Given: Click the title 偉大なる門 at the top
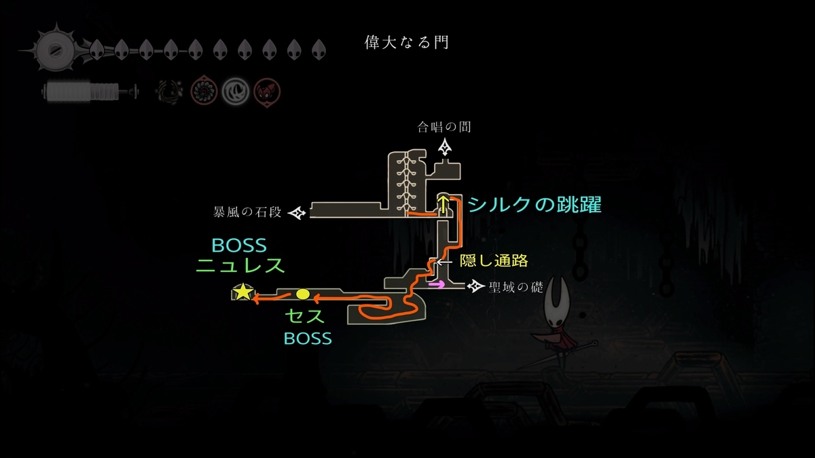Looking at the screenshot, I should [407, 43].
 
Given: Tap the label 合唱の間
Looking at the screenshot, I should [445, 127].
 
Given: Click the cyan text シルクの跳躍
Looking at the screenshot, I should [535, 205].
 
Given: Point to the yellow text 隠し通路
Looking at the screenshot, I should [494, 261].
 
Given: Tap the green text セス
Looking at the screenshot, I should [304, 316].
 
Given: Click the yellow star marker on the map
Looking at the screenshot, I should [242, 293].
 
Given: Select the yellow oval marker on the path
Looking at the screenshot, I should [303, 294].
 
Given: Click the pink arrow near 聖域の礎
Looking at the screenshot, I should [437, 285].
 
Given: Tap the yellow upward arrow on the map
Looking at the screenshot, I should [443, 203].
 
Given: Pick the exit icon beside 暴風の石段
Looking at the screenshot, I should [297, 214].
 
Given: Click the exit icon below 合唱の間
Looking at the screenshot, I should [445, 147].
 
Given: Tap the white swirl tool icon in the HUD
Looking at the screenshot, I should [234, 90].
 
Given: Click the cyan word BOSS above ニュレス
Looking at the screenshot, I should [239, 244].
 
